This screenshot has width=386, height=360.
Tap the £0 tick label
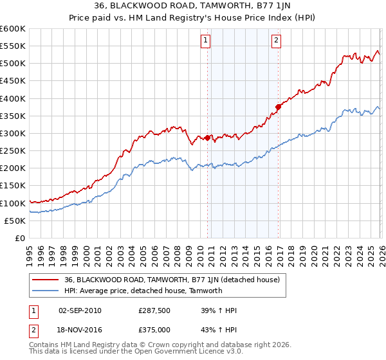[20, 238]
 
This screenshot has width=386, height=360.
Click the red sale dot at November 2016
[278, 107]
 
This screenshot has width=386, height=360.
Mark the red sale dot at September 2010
[207, 138]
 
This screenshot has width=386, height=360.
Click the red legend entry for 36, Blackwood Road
[172, 280]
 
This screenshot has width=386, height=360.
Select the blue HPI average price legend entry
[143, 291]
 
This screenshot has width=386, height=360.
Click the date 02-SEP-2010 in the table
[80, 310]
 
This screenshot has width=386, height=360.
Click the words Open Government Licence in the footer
[187, 353]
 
